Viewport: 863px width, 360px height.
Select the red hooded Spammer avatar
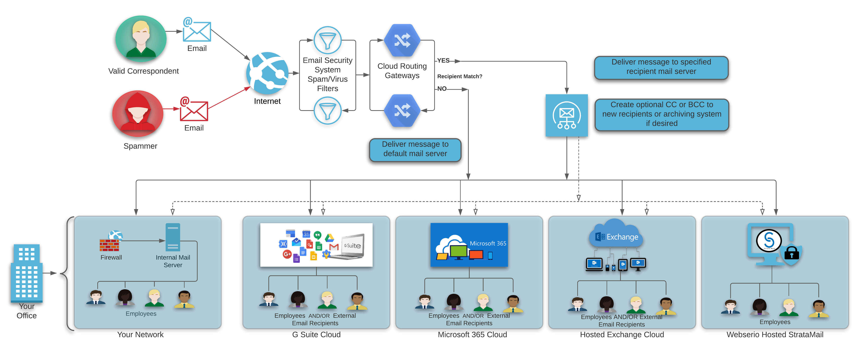(138, 113)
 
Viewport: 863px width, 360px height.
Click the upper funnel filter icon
(327, 40)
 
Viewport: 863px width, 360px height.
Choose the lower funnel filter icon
(327, 111)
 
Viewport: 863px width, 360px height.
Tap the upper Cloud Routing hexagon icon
(402, 40)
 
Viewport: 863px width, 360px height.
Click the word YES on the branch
(443, 61)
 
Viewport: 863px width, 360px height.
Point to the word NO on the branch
(442, 89)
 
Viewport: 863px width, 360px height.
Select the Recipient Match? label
(460, 76)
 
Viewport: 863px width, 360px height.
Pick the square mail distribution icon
(566, 115)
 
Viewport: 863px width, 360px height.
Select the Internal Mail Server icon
(173, 237)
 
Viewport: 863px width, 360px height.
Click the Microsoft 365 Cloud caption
(472, 334)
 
